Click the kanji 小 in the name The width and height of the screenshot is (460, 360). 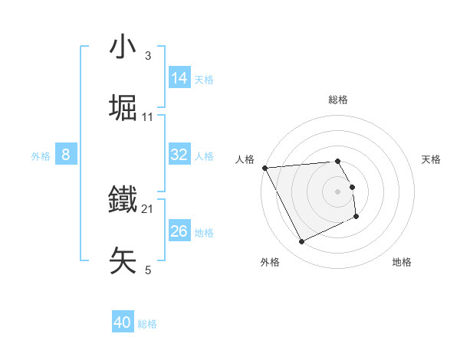coord(123,47)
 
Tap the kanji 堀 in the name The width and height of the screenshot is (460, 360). coord(123,107)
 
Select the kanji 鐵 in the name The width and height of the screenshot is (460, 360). coord(123,201)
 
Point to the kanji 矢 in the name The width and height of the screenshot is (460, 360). coord(123,260)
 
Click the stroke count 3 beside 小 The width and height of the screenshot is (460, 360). coord(148,56)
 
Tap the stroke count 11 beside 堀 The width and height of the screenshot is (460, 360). coord(148,117)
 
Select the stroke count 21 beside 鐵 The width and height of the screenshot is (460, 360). coord(148,209)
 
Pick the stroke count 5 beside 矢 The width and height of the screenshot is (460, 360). coord(148,270)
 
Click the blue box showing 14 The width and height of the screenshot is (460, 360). coord(179,78)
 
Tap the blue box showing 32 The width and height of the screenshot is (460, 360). coord(179,155)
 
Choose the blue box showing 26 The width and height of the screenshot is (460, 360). coord(179,231)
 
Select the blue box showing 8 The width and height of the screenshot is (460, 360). coord(66,155)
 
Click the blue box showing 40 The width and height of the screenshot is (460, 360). coord(123,323)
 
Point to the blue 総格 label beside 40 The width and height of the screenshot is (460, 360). coord(147,324)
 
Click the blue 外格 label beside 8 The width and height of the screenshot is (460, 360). coord(41,155)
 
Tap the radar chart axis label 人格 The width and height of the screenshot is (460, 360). coord(245,159)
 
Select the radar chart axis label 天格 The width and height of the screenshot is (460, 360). coord(431,159)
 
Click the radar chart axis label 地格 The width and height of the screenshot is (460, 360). coord(402,262)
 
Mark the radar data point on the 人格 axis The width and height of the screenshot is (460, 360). coord(264,168)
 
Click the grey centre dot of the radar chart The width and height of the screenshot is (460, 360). coord(337,191)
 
